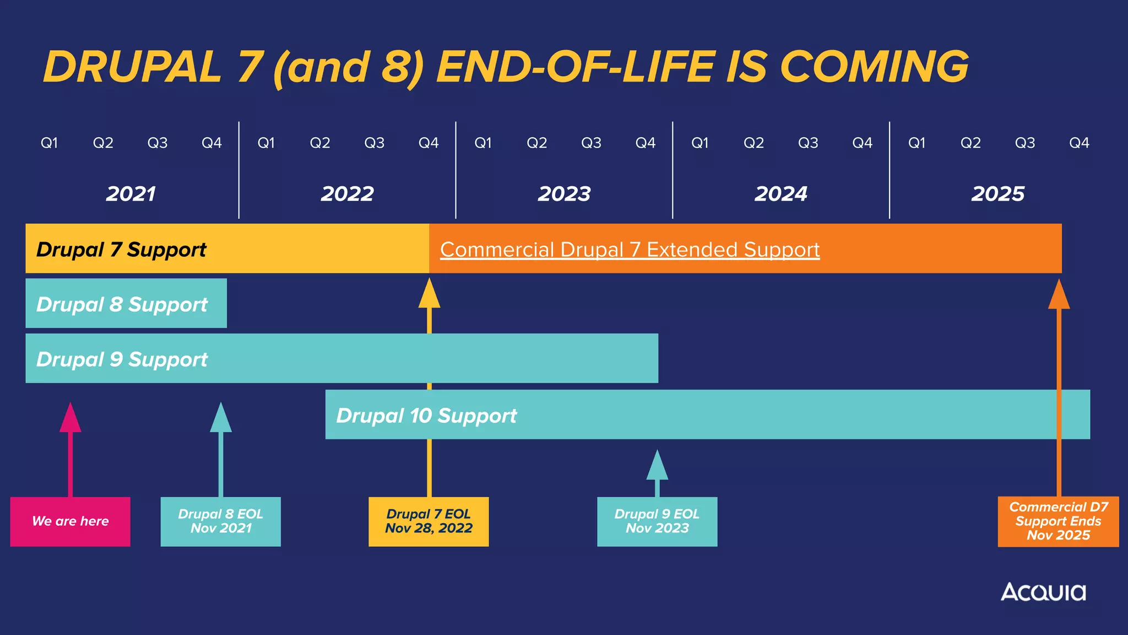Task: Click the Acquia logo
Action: [x=1043, y=592]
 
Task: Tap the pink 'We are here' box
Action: [x=70, y=521]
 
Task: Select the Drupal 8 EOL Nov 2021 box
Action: [x=220, y=521]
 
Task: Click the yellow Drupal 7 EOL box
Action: [x=429, y=521]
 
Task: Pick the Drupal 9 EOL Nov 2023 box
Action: [x=657, y=521]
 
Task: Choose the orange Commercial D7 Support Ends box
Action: [x=1058, y=521]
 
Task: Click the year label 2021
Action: [x=131, y=194]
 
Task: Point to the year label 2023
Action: [x=564, y=194]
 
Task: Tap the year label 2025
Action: [x=997, y=194]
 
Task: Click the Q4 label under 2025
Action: [x=1079, y=143]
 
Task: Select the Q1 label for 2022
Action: [x=266, y=143]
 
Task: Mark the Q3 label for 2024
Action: [x=808, y=143]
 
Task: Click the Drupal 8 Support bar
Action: [x=126, y=304]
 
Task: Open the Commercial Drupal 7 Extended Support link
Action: [x=630, y=250]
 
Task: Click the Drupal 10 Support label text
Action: [x=426, y=416]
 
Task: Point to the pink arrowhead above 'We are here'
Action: [x=70, y=419]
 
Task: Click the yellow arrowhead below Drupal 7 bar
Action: [x=429, y=294]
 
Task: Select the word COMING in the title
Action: [x=874, y=67]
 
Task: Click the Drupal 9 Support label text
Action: [x=122, y=359]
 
